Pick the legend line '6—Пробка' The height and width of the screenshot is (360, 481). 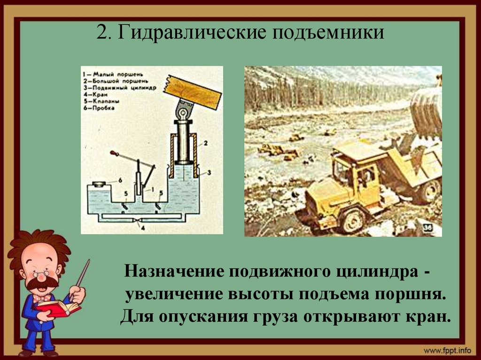(x=101, y=108)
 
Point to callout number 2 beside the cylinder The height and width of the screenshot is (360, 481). (x=205, y=142)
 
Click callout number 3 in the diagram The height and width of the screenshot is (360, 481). (x=209, y=173)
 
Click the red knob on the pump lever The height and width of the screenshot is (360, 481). (x=113, y=153)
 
